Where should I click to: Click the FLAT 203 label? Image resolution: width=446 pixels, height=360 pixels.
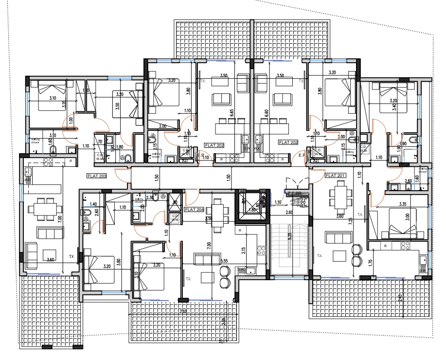pyautogui.click(x=96, y=176)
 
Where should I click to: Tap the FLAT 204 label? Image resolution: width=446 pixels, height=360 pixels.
pyautogui.click(x=195, y=209)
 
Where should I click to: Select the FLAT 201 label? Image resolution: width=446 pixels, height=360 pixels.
pyautogui.click(x=334, y=176)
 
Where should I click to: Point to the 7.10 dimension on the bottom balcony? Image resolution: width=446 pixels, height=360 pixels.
pyautogui.click(x=182, y=310)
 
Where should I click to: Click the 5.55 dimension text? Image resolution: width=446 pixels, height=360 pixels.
pyautogui.click(x=224, y=261)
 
